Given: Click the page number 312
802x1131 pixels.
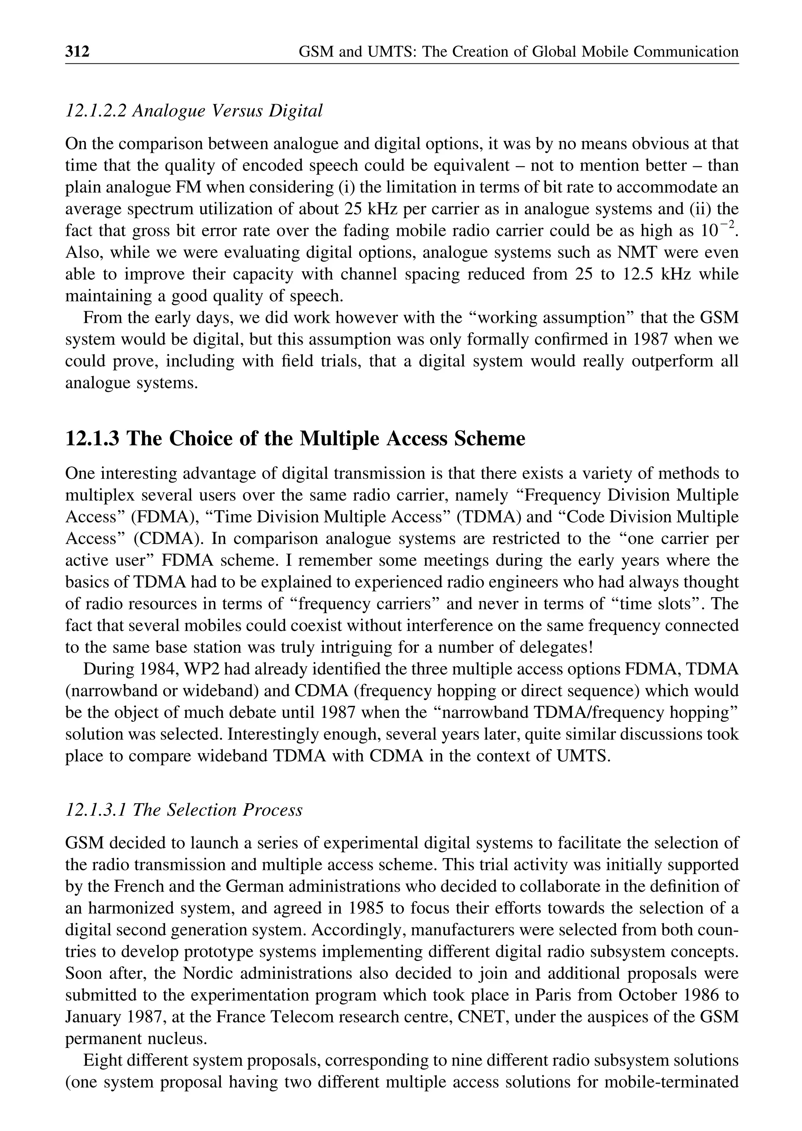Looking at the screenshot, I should tap(78, 51).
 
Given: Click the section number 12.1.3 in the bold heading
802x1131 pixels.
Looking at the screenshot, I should tap(92, 439).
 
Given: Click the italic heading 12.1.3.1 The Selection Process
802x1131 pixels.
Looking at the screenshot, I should tap(184, 811).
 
